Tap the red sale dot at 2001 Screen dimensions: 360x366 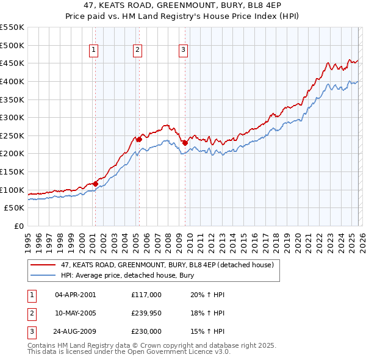[x=95, y=184]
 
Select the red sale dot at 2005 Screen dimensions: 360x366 [x=139, y=139]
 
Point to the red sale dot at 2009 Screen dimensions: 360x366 [x=185, y=143]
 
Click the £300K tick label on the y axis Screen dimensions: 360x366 [x=12, y=117]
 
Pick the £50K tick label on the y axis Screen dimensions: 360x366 [x=15, y=208]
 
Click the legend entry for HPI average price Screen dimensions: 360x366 [x=127, y=275]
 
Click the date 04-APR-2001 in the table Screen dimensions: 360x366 [x=75, y=294]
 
